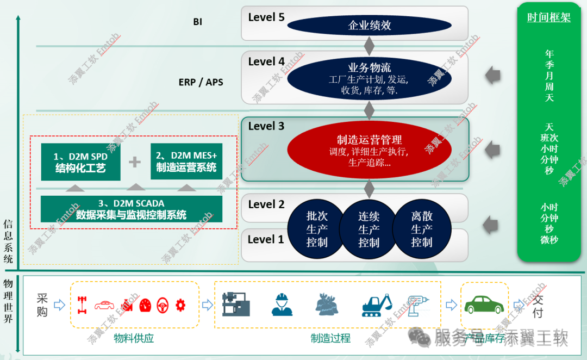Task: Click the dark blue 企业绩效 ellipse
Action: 369,25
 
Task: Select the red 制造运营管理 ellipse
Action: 369,150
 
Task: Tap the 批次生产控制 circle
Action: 317,229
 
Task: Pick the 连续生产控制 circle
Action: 369,229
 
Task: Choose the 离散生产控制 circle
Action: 421,229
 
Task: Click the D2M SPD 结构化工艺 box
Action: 80,162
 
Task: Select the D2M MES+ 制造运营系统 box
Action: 186,162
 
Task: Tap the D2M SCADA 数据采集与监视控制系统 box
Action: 132,209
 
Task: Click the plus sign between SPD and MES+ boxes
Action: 134,162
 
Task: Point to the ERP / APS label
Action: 201,83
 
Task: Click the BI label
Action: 197,22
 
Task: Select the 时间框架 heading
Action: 549,17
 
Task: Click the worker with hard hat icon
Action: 282,305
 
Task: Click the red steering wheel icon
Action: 163,305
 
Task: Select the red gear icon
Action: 180,305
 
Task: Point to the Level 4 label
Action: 266,61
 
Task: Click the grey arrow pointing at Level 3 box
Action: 492,148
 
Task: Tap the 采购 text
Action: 42,305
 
